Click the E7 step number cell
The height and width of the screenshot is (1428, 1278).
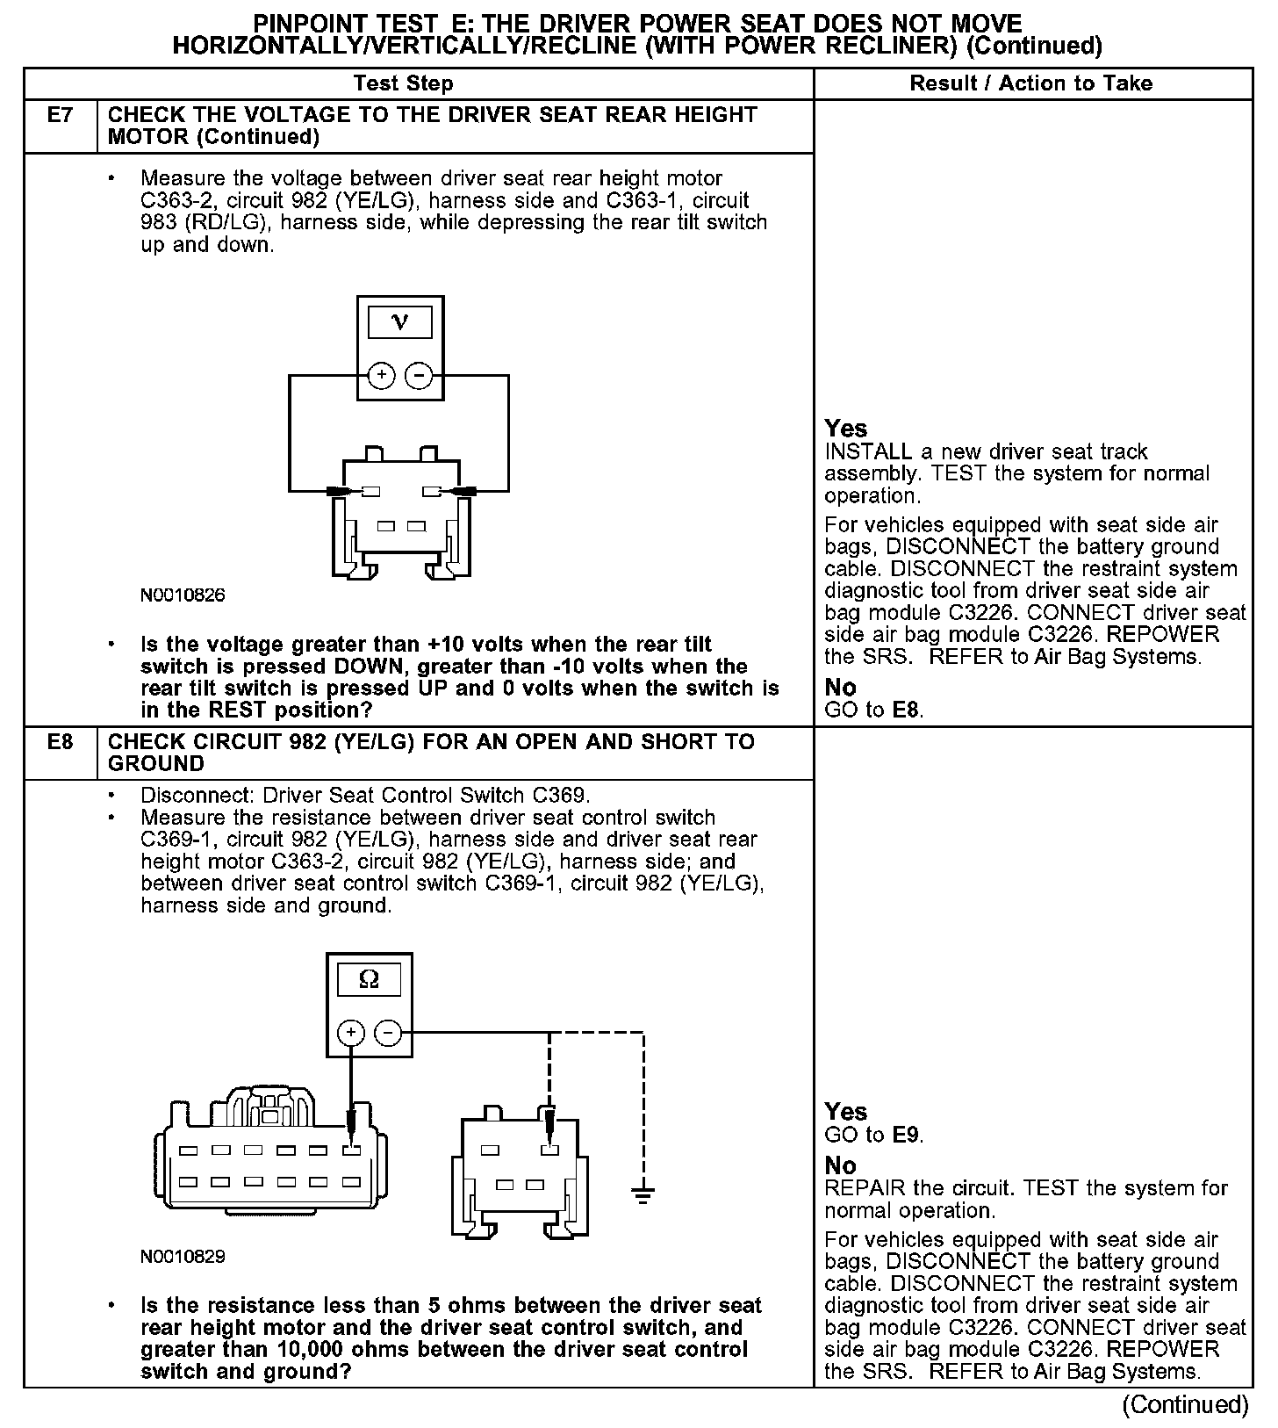pyautogui.click(x=60, y=115)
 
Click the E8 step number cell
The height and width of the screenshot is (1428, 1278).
pyautogui.click(x=60, y=742)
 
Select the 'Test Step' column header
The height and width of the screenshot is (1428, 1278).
pyautogui.click(x=403, y=83)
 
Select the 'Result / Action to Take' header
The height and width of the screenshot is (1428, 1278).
pyautogui.click(x=1031, y=83)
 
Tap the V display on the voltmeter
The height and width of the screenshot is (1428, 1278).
pyautogui.click(x=400, y=322)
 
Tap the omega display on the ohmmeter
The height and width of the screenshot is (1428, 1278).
pyautogui.click(x=369, y=979)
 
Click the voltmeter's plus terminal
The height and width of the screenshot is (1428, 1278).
pyautogui.click(x=381, y=376)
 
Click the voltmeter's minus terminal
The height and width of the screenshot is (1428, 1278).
pyautogui.click(x=419, y=376)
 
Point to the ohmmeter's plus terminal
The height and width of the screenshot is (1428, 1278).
pyautogui.click(x=350, y=1033)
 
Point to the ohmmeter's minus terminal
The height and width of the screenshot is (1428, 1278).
pyautogui.click(x=388, y=1033)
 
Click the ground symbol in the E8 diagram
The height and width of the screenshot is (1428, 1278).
pyautogui.click(x=643, y=1194)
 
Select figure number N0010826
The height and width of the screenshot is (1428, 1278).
pyautogui.click(x=183, y=595)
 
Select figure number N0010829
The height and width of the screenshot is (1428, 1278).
pyautogui.click(x=183, y=1257)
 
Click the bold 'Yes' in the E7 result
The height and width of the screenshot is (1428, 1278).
pyautogui.click(x=846, y=429)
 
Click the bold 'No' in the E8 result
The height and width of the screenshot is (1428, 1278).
pyautogui.click(x=840, y=1165)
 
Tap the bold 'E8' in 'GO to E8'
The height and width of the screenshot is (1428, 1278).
pyautogui.click(x=906, y=710)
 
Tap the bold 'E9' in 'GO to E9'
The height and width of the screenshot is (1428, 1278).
pyautogui.click(x=906, y=1135)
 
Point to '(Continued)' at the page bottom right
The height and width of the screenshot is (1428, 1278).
pyautogui.click(x=1185, y=1404)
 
